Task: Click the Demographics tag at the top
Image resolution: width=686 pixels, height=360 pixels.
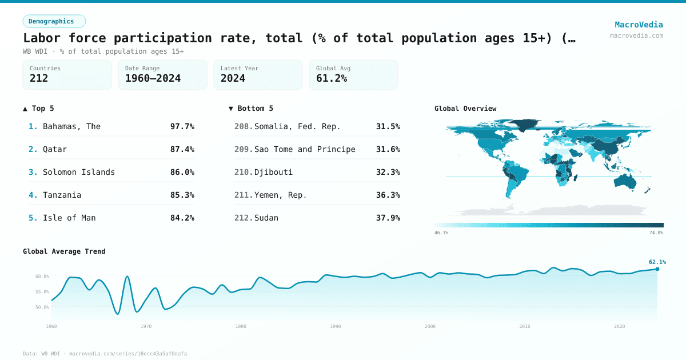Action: point(54,21)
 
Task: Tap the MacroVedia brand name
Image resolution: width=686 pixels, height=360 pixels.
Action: point(639,25)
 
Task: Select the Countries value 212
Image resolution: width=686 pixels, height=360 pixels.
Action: point(39,78)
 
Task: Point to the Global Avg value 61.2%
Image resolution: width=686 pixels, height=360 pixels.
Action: point(331,78)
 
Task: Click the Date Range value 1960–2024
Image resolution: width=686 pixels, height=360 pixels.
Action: point(153,78)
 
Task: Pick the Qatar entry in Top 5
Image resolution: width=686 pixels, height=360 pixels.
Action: point(55,149)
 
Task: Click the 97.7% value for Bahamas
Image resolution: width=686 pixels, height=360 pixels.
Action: point(182,126)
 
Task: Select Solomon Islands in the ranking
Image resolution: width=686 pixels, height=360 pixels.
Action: point(79,172)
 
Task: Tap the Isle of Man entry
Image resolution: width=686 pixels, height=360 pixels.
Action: point(69,218)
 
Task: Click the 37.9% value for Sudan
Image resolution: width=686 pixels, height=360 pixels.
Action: point(388,218)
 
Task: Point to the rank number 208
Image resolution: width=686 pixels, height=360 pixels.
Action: point(243,126)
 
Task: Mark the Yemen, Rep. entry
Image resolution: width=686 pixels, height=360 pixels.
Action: point(281,195)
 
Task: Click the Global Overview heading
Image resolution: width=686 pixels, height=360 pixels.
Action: point(465,109)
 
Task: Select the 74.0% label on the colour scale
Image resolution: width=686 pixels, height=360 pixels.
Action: point(656,233)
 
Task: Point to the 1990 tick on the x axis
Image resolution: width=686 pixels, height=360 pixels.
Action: point(336,326)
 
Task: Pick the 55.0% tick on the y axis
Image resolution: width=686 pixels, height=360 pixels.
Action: point(42,291)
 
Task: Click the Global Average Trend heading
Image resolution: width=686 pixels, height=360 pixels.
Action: point(64,251)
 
